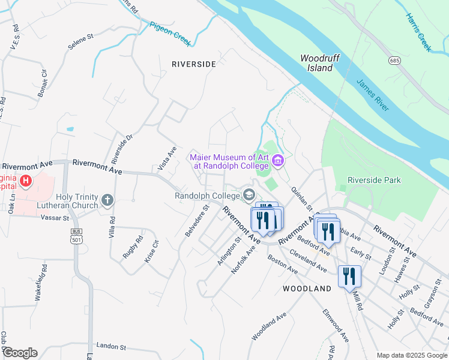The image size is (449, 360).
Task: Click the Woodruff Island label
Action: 316,63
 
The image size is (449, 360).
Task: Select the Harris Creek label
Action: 418,32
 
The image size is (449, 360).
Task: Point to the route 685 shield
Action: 394,61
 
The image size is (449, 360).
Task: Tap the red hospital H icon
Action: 25,180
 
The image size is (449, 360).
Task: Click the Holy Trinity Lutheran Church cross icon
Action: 107,200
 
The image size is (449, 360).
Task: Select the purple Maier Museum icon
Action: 277,161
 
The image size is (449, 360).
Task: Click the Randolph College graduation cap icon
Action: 249,195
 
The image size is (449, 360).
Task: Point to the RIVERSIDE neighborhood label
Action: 193,64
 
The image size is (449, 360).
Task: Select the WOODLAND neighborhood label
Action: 307,289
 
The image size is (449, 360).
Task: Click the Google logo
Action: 19,353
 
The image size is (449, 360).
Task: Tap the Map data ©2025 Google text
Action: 412,355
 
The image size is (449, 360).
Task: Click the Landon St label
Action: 110,347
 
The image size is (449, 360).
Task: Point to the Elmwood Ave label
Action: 336,325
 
